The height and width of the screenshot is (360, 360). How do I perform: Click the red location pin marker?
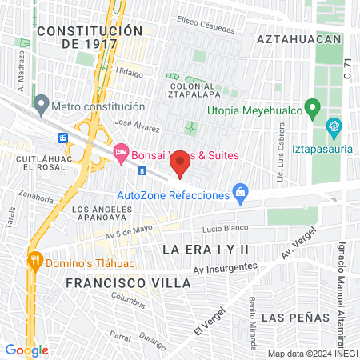181,165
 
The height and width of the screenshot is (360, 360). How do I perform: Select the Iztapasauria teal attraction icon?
334,126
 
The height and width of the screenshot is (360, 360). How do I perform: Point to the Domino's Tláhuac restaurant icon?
34,260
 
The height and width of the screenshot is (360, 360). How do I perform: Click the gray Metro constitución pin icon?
41,104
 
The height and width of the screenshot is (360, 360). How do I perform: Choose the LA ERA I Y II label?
206,250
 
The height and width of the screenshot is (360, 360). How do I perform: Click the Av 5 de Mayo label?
106,234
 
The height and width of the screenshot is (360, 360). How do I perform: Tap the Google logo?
26,350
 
